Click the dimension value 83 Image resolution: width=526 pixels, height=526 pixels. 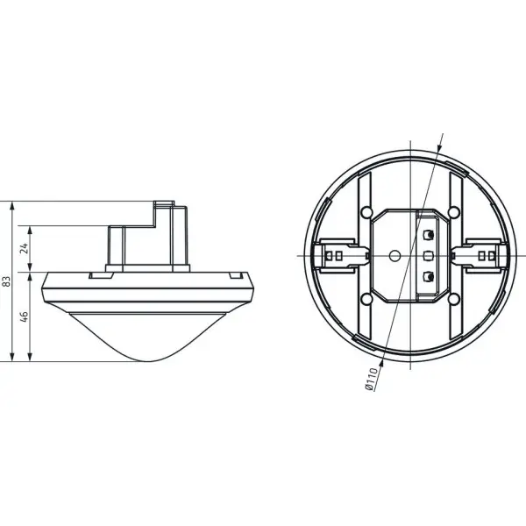tap(7, 281)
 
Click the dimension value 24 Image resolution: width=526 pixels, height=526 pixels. tap(25, 248)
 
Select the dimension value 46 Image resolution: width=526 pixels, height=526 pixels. tap(25, 316)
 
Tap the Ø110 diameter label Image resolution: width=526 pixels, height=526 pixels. tap(371, 379)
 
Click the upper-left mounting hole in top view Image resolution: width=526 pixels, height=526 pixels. tap(366, 212)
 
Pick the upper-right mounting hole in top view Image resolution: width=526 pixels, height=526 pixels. tap(454, 212)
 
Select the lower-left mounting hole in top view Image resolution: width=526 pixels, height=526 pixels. tap(366, 299)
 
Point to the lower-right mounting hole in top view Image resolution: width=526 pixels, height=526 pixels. tap(454, 299)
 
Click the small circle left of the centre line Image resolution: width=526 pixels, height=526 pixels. tap(394, 256)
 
